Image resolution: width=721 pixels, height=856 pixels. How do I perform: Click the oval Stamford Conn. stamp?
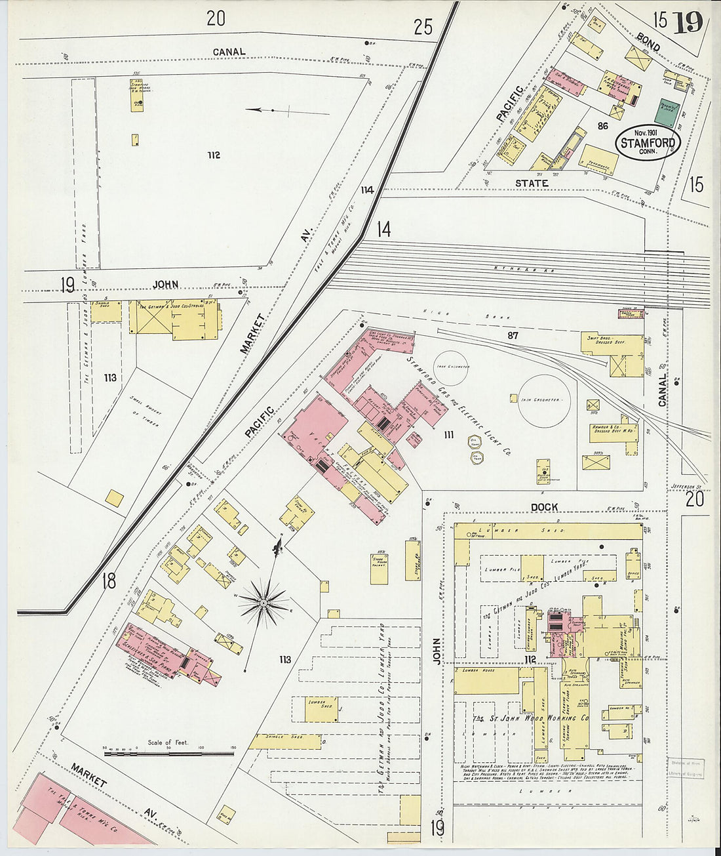click(648, 142)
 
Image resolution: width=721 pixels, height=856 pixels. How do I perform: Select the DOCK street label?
click(544, 507)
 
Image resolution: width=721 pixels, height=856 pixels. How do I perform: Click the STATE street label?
click(531, 183)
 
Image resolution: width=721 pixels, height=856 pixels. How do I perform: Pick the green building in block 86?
click(668, 113)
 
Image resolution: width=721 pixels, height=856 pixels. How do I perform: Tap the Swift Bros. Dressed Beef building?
click(613, 354)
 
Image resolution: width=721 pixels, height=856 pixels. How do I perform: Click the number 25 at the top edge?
click(423, 27)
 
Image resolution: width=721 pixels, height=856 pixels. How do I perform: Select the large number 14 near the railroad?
click(383, 230)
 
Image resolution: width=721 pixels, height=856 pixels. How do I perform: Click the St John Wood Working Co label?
click(531, 718)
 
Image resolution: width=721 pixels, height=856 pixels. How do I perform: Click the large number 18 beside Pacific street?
click(109, 581)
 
